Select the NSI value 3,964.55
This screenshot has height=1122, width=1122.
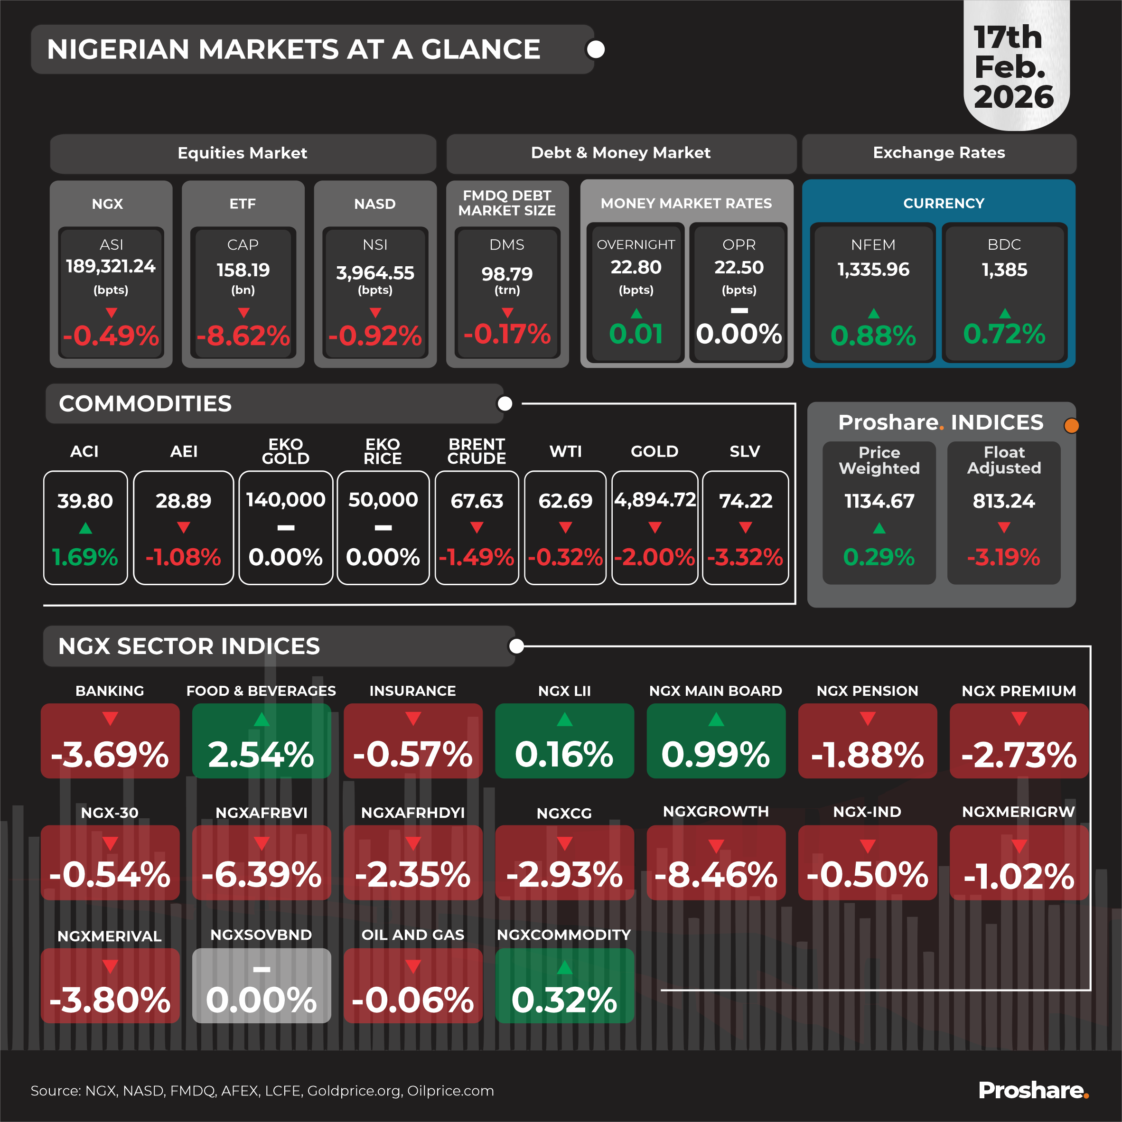point(375,272)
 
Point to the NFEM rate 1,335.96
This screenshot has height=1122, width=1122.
point(873,270)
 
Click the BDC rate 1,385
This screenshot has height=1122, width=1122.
point(1004,270)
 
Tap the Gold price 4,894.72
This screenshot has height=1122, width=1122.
point(654,499)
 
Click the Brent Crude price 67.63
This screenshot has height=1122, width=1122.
point(477,501)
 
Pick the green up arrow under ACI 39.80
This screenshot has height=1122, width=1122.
point(85,528)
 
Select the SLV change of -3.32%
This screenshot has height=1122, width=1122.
point(745,557)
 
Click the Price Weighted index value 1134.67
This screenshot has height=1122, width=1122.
point(879,501)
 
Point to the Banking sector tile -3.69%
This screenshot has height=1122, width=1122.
point(110,741)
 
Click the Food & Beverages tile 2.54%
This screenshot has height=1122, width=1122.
point(262,741)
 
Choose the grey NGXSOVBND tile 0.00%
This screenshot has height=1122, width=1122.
point(262,985)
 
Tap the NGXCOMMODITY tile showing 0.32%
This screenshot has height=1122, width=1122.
point(564,985)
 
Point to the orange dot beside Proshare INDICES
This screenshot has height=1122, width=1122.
point(1072,426)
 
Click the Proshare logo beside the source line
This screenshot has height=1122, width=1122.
point(1033,1090)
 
